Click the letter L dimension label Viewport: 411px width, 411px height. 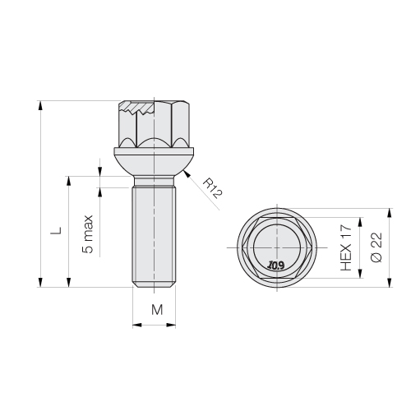[x=55, y=231]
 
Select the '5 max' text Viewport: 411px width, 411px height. [x=89, y=233]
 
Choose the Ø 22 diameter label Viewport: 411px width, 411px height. [x=376, y=246]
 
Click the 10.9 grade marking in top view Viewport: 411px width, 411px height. [x=276, y=265]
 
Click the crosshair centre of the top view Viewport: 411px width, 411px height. [x=276, y=246]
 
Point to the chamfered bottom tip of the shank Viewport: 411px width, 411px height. [x=154, y=284]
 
